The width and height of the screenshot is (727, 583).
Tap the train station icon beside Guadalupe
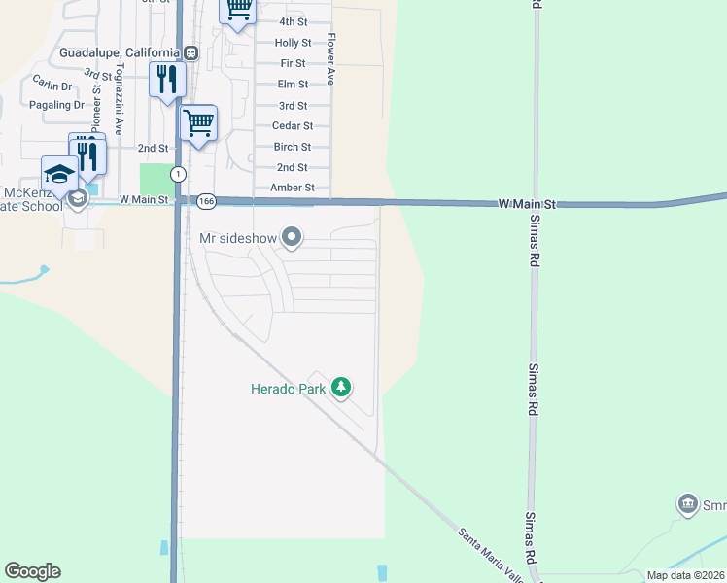pyautogui.click(x=191, y=52)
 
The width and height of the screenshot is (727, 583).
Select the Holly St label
pyautogui.click(x=293, y=43)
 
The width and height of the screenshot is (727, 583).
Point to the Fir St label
pyautogui.click(x=293, y=63)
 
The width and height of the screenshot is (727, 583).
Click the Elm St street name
pyautogui.click(x=293, y=85)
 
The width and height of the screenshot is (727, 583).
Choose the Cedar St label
pyautogui.click(x=293, y=126)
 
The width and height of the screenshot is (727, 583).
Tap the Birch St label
pyautogui.click(x=293, y=147)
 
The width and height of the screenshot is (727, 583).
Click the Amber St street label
pyautogui.click(x=293, y=188)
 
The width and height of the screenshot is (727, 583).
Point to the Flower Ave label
pyautogui.click(x=331, y=59)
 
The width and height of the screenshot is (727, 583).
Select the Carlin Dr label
pyautogui.click(x=52, y=85)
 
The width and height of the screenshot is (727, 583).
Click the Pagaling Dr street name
pyautogui.click(x=57, y=105)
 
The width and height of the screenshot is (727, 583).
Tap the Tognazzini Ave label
pyautogui.click(x=120, y=99)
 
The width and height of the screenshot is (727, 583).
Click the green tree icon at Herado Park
pyautogui.click(x=340, y=389)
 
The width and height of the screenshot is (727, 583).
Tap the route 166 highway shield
pyautogui.click(x=206, y=201)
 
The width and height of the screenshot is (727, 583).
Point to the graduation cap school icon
pyautogui.click(x=59, y=175)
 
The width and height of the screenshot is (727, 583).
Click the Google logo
pyautogui.click(x=32, y=571)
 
